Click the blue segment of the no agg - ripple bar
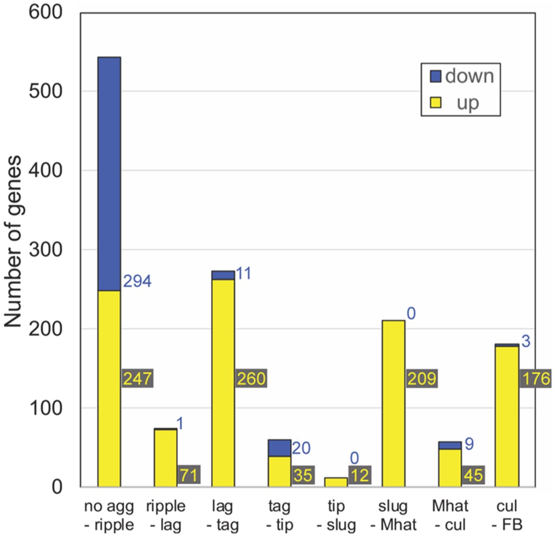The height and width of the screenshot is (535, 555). (109, 174)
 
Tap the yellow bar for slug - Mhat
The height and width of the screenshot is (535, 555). (393, 404)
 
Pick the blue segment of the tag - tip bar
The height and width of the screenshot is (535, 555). (279, 448)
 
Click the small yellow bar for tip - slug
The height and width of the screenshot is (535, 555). (336, 482)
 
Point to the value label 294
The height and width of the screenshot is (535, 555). (137, 282)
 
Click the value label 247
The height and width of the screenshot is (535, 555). (137, 379)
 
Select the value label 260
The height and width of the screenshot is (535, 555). (251, 379)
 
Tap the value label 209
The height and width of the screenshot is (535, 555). (421, 379)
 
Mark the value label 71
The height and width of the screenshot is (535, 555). (189, 475)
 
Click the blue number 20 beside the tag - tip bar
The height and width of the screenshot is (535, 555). (301, 448)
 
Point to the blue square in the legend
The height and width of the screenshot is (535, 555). (435, 76)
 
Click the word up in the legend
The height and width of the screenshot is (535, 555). (467, 103)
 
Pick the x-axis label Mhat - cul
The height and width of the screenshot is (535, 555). (450, 515)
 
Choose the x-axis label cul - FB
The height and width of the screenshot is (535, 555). (507, 515)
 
